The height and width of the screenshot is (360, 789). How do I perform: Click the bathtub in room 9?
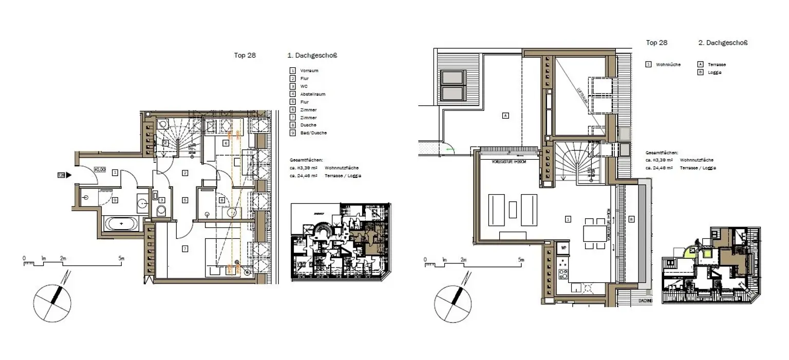(x=121, y=224)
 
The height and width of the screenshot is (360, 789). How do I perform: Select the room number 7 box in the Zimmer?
(x=185, y=249)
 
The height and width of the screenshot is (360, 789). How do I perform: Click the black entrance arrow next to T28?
(x=69, y=175)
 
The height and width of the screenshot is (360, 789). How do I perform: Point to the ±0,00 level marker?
(x=100, y=169)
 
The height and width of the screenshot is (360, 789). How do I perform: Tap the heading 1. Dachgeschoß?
(x=312, y=55)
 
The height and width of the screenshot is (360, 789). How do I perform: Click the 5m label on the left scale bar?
(x=121, y=258)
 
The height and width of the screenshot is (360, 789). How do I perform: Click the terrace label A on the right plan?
(x=505, y=116)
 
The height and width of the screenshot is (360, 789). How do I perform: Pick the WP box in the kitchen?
(x=563, y=248)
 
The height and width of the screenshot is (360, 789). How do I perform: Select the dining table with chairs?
(x=594, y=233)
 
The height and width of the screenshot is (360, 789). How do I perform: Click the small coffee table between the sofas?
(x=513, y=210)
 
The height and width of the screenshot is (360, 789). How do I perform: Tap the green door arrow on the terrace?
(x=450, y=149)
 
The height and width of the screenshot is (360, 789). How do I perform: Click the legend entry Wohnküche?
(x=668, y=65)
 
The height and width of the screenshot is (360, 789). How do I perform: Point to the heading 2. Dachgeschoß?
(x=723, y=43)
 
